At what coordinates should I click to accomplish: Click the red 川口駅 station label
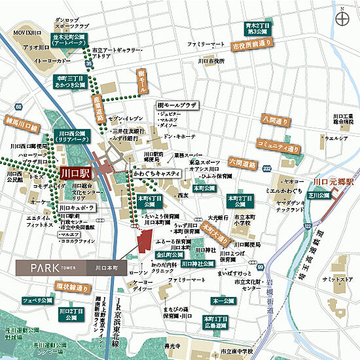tap(73, 174)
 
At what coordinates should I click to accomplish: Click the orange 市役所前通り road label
tap(253, 46)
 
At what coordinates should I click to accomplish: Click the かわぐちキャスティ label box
tap(156, 176)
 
